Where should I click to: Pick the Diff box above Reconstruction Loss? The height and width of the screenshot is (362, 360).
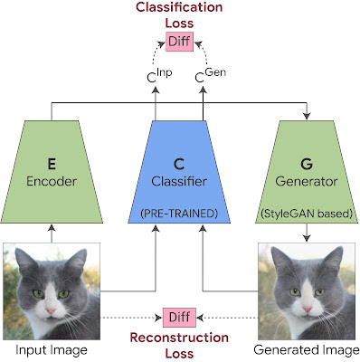click(179, 318)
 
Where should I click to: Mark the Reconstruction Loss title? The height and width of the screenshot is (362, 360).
click(179, 347)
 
